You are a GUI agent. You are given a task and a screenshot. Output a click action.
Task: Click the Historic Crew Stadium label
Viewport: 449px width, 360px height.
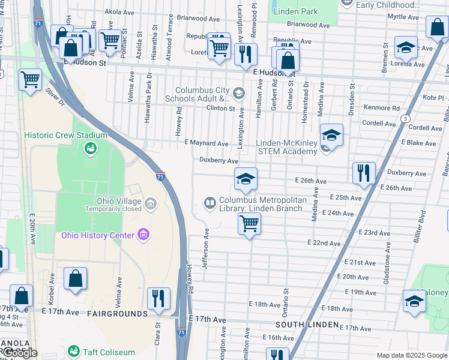tap(66, 135)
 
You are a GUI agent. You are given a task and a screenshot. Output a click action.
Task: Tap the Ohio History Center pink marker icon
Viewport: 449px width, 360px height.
tap(143, 234)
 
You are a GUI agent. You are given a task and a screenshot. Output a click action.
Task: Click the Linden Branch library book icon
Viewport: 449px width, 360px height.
tap(210, 203)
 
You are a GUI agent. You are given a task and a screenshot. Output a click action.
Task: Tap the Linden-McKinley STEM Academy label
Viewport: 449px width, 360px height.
tap(286, 147)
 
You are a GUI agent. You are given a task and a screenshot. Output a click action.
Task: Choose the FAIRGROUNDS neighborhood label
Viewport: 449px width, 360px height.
tap(117, 314)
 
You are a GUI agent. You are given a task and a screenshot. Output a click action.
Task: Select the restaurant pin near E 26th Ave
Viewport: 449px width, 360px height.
tap(364, 173)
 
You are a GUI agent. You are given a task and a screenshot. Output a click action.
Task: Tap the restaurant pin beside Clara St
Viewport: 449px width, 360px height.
tap(158, 298)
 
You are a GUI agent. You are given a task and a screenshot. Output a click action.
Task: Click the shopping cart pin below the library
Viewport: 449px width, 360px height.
tap(249, 224)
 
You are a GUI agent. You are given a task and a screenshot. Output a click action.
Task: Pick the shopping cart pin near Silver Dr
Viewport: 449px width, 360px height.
tap(30, 79)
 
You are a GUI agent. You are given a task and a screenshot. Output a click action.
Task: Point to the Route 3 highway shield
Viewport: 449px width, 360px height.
tap(406, 119)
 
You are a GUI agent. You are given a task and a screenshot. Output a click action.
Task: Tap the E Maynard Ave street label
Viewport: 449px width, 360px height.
tap(206, 143)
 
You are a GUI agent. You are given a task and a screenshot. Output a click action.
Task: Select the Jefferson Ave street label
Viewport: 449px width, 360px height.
tap(205, 248)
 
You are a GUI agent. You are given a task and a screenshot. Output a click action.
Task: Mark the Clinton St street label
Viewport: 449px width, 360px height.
tap(221, 109)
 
